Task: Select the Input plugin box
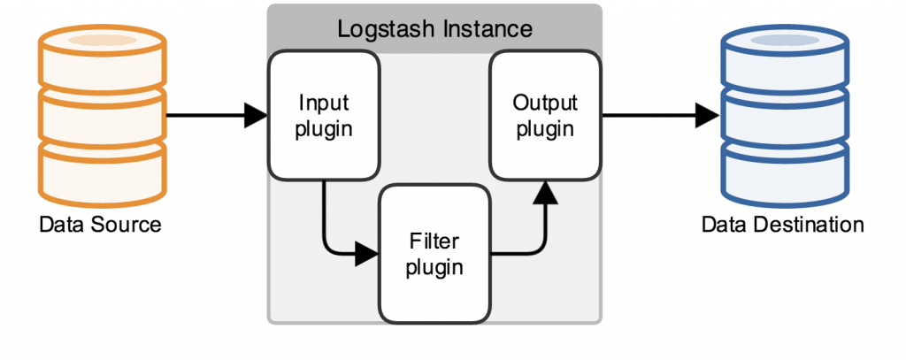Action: pyautogui.click(x=324, y=115)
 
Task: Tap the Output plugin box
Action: pyautogui.click(x=545, y=115)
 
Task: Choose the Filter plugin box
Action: pyautogui.click(x=434, y=253)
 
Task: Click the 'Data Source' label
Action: pyautogui.click(x=100, y=224)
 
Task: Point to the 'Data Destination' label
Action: pyautogui.click(x=782, y=224)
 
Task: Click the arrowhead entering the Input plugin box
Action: pyautogui.click(x=256, y=115)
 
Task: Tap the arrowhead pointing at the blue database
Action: pyautogui.click(x=707, y=115)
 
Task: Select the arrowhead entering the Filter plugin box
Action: pyautogui.click(x=366, y=254)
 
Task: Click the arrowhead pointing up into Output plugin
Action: pyautogui.click(x=545, y=192)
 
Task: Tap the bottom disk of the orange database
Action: pyautogui.click(x=103, y=172)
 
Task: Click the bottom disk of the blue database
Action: pyautogui.click(x=785, y=172)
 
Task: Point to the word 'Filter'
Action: pyautogui.click(x=434, y=241)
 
